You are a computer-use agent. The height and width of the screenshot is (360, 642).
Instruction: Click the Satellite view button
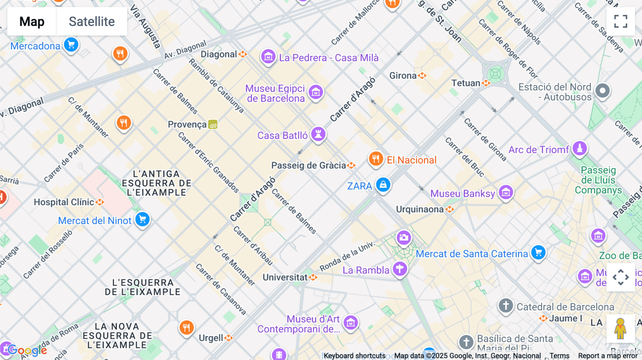point(92,21)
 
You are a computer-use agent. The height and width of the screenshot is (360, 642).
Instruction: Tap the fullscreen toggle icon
point(621,21)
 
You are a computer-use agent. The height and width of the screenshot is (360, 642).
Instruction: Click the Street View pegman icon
point(620,328)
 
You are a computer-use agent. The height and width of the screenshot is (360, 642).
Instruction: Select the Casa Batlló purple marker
point(318,134)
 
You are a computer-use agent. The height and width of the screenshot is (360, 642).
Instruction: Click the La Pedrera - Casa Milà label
point(328,58)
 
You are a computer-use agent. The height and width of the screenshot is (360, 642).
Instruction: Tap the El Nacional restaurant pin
point(376,159)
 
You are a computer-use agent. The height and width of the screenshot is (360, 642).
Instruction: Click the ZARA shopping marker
point(383,185)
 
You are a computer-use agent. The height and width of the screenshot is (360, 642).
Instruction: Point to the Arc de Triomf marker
point(580,148)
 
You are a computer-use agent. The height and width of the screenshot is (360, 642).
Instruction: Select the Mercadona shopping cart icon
point(71,45)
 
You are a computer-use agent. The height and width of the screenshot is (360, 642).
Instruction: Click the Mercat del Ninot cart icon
point(142,220)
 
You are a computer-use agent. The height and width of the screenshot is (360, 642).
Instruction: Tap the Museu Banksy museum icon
point(506,193)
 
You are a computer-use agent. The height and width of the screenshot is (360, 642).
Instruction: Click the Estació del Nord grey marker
point(602,91)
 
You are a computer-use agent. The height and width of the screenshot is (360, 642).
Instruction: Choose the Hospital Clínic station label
point(64,202)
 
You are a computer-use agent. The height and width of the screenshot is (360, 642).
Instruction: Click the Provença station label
point(187,124)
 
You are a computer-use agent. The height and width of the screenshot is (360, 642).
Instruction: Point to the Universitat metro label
point(285,277)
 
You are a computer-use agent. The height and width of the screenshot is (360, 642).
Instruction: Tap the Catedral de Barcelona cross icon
point(506,305)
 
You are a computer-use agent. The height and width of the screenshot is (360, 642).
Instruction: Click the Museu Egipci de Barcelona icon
point(316,92)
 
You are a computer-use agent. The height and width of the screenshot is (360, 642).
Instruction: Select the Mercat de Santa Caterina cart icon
point(538,253)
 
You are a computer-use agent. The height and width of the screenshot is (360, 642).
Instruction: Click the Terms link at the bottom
point(559,356)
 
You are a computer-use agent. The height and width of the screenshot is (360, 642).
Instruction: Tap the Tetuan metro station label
point(466,83)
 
